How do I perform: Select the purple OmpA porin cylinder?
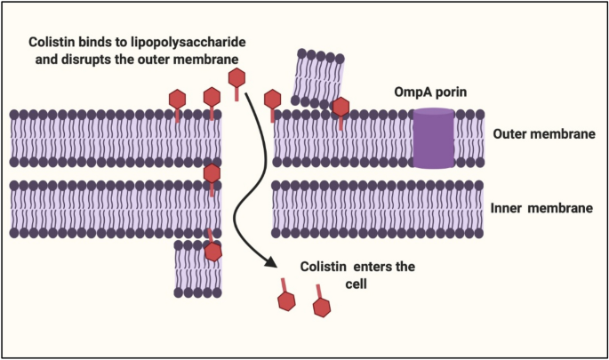(434, 138)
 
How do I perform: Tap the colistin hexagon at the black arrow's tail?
(237, 79)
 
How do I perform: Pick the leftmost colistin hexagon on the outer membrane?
(178, 98)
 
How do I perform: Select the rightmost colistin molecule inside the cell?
(322, 307)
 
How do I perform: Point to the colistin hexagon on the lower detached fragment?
(213, 251)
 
